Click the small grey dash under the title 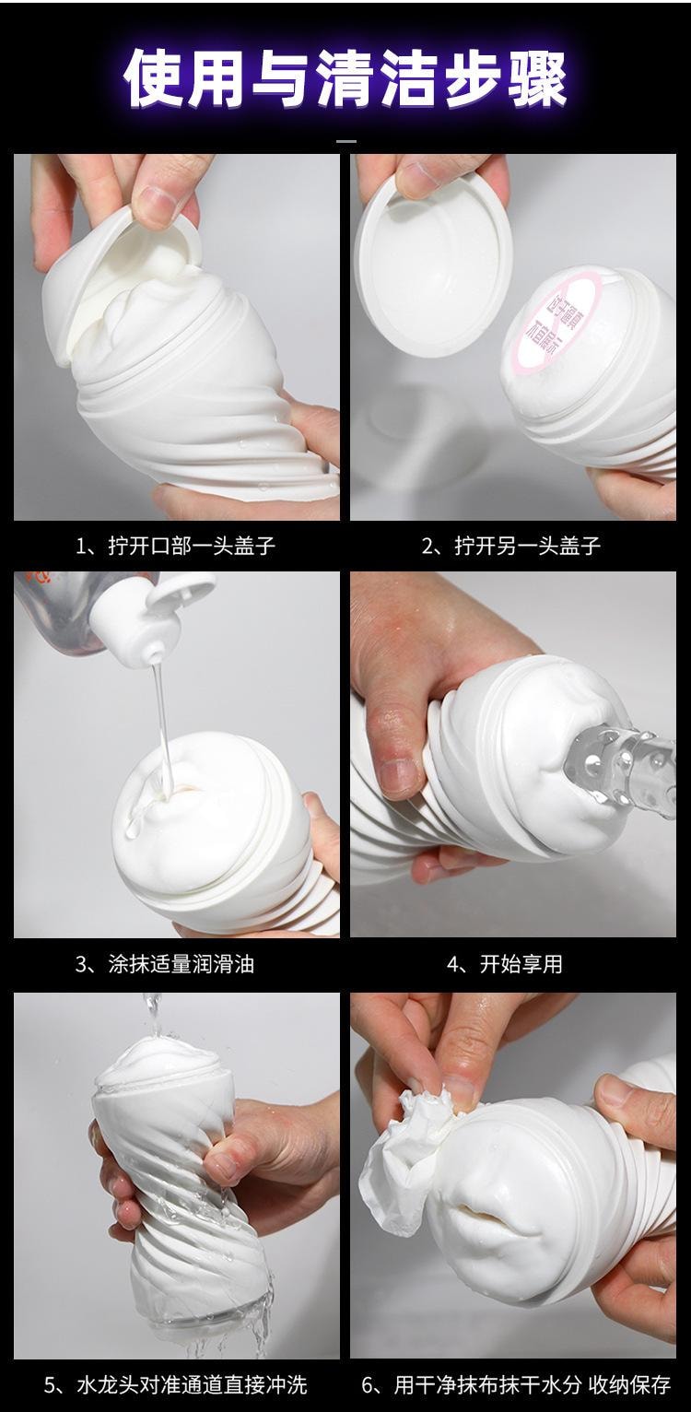tap(345, 142)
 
